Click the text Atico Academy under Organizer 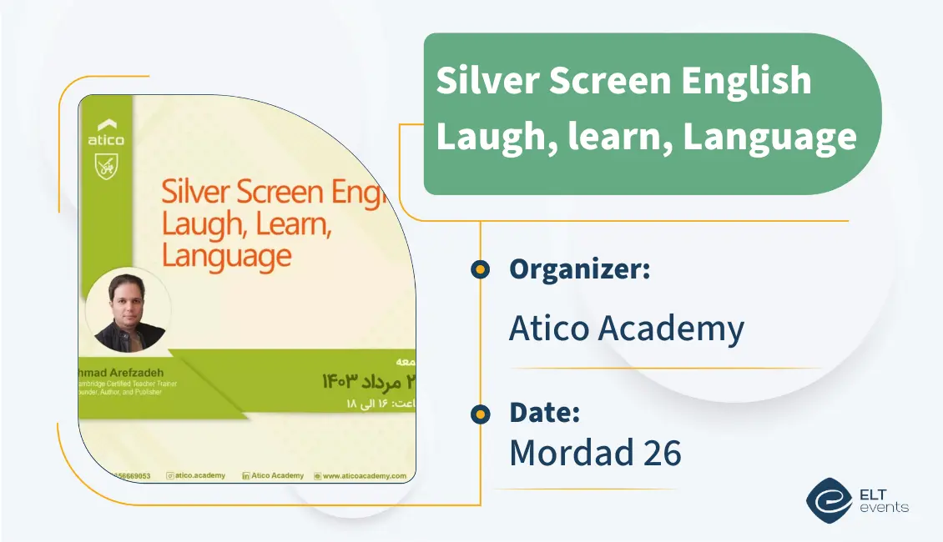click(x=626, y=329)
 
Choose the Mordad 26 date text click(x=595, y=452)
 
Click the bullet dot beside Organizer click(x=480, y=269)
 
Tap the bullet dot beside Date click(x=480, y=413)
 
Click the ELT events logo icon click(x=829, y=499)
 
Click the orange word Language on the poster click(x=226, y=256)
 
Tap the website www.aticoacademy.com click(x=364, y=475)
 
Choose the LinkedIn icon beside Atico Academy click(x=245, y=475)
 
